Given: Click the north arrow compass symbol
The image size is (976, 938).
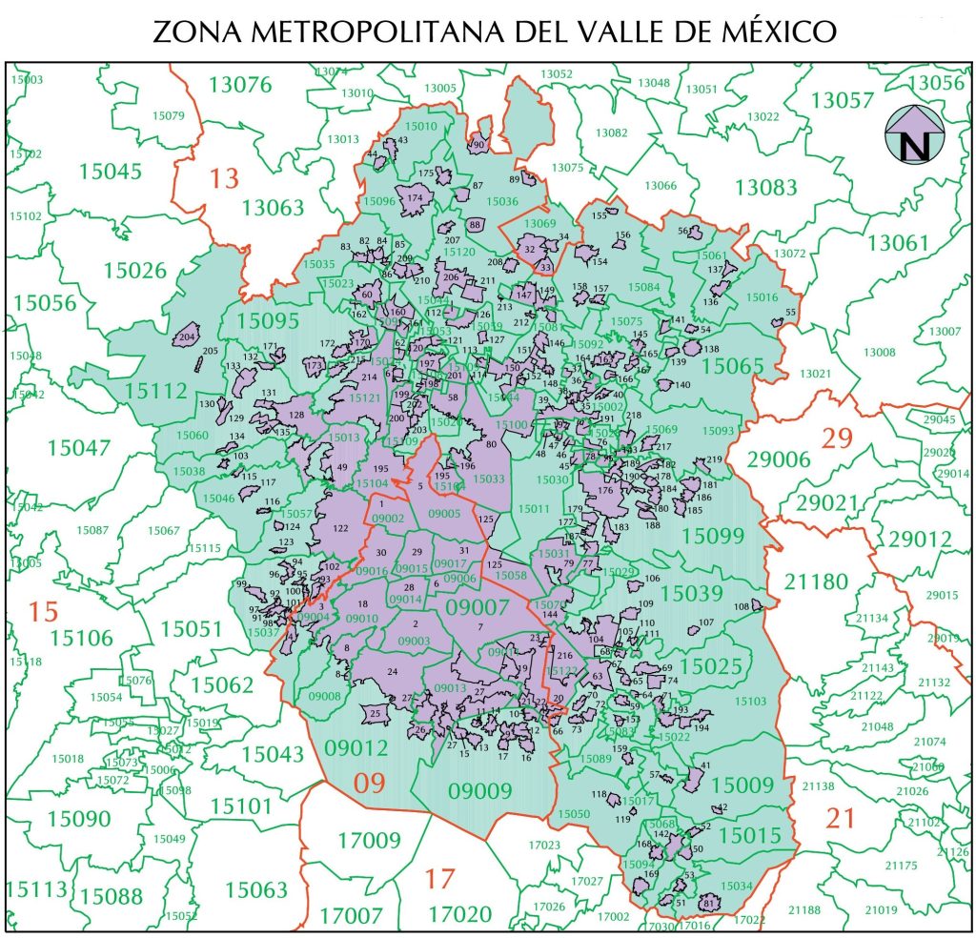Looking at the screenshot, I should (x=914, y=133).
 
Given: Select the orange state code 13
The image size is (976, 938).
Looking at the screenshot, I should (x=225, y=177).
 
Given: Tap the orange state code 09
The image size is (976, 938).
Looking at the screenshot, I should (x=371, y=784).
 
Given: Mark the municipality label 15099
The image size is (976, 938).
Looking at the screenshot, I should (x=712, y=536).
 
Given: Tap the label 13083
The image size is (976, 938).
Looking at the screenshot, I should (x=765, y=188).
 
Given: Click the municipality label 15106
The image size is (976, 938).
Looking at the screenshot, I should (x=82, y=637).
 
